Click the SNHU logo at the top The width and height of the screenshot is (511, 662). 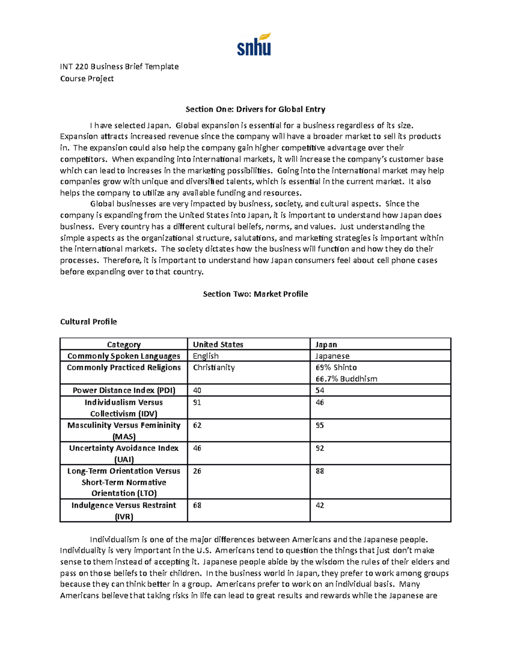pyautogui.click(x=254, y=45)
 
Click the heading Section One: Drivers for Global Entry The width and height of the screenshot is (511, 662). pyautogui.click(x=255, y=109)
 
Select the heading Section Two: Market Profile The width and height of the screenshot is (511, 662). pyautogui.click(x=255, y=294)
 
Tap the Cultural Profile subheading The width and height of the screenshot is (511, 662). pyautogui.click(x=88, y=321)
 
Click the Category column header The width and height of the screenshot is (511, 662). pyautogui.click(x=123, y=344)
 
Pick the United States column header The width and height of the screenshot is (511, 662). pyautogui.click(x=218, y=344)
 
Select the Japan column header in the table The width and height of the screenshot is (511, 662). pyautogui.click(x=326, y=344)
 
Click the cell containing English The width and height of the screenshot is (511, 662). pyautogui.click(x=206, y=356)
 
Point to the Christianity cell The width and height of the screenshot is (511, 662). pyautogui.click(x=214, y=367)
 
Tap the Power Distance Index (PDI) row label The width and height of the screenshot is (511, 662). pyautogui.click(x=123, y=390)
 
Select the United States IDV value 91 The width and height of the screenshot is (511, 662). pyautogui.click(x=197, y=402)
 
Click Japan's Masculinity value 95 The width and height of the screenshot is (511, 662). pyautogui.click(x=319, y=425)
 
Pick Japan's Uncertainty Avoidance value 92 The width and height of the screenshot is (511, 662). pyautogui.click(x=319, y=448)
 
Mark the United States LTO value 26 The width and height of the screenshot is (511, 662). pyautogui.click(x=197, y=471)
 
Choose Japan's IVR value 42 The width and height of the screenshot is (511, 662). pyautogui.click(x=319, y=506)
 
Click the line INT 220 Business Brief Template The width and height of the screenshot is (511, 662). pyautogui.click(x=119, y=66)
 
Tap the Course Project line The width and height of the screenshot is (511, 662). pyautogui.click(x=87, y=78)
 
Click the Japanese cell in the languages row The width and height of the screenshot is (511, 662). pyautogui.click(x=332, y=356)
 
